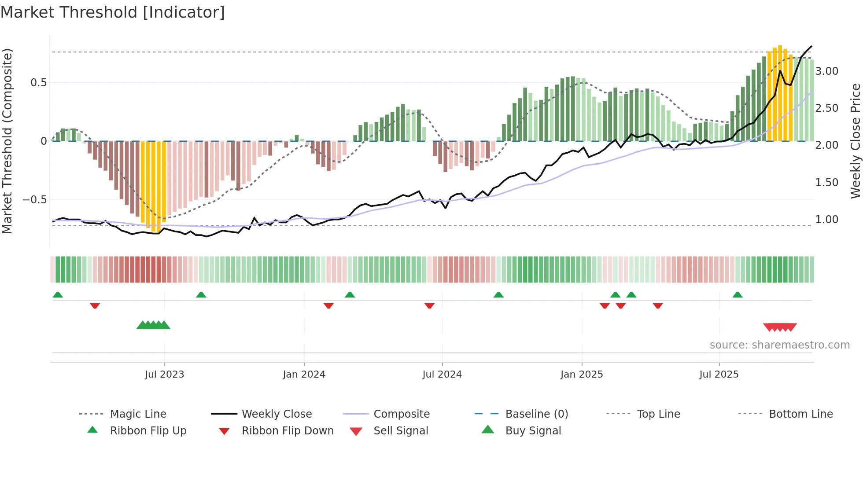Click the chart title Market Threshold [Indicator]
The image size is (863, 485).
[113, 12]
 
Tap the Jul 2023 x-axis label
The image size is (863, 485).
[164, 375]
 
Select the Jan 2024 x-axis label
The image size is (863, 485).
[304, 375]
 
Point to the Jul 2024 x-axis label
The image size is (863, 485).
[442, 375]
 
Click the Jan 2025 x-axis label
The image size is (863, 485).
[582, 375]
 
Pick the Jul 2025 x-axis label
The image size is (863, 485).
[719, 375]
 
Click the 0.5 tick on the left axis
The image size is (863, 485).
[38, 83]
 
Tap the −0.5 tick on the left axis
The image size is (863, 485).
[34, 200]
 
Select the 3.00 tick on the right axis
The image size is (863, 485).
[826, 71]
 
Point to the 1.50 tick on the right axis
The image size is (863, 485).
[826, 183]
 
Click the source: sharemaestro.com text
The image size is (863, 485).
[779, 345]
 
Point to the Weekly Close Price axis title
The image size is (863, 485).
[855, 141]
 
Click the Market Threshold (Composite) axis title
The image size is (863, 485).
[7, 141]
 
